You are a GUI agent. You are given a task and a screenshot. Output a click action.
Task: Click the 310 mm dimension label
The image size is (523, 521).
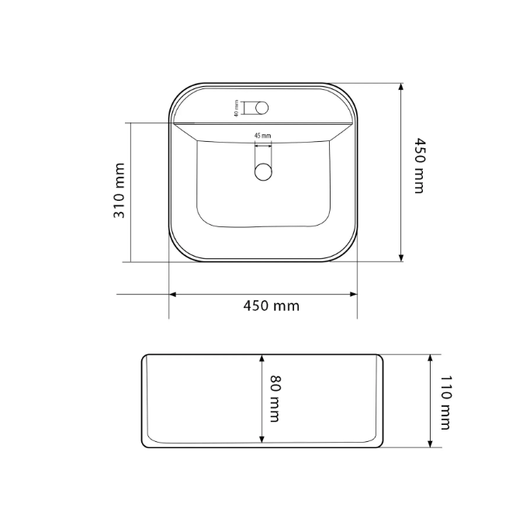point(119,191)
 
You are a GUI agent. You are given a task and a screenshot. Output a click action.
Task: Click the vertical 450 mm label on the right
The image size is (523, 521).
point(419,165)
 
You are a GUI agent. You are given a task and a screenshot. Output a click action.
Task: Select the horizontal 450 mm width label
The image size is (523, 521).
point(271,305)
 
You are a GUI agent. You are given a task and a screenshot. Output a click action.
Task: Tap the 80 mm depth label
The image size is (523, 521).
point(275,399)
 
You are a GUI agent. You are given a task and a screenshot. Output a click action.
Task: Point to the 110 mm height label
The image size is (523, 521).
point(445,402)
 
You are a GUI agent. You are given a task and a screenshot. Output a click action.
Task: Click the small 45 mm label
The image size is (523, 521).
point(263,136)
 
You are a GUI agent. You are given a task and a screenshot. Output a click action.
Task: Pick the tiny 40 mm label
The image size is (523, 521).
point(237,109)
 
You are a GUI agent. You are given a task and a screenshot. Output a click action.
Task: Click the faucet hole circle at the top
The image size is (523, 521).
point(261,108)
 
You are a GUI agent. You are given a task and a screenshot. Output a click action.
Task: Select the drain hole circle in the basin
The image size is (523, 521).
point(263,171)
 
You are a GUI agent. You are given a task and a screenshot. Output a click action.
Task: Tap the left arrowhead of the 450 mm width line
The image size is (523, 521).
point(172,295)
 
